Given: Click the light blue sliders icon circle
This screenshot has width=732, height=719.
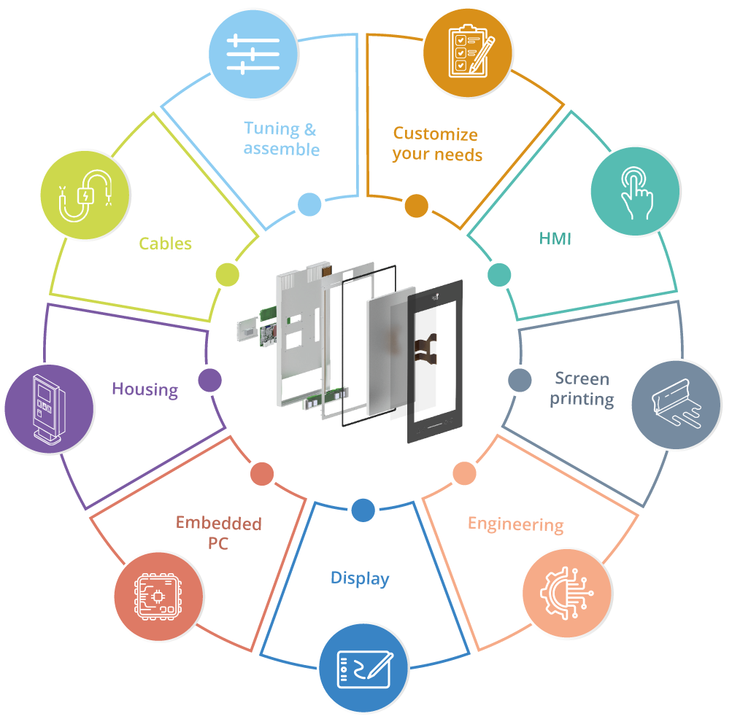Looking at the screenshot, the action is [253, 54].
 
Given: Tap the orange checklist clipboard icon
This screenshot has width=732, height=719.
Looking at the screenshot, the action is [468, 53].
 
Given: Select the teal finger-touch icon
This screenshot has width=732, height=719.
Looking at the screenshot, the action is [636, 191].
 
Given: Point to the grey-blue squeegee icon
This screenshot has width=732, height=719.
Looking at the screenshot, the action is [676, 405].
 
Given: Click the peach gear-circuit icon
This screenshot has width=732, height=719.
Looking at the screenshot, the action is [567, 593].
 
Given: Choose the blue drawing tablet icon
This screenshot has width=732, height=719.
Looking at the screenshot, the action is [363, 668].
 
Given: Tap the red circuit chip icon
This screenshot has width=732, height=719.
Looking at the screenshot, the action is [158, 596].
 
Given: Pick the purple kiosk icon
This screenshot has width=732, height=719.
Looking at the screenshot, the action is [50, 409].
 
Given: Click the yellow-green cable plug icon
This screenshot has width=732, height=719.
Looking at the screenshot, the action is [85, 195].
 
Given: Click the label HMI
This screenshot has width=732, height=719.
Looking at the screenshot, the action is [555, 239].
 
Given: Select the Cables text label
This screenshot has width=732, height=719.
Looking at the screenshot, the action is [165, 244].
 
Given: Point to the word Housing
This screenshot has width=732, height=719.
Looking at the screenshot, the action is [145, 389].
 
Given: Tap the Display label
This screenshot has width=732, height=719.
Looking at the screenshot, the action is [360, 578].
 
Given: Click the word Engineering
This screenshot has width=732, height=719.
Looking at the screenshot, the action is [516, 524].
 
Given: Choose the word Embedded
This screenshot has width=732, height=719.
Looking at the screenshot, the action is [218, 523].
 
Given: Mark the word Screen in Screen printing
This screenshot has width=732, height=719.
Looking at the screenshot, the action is [582, 378].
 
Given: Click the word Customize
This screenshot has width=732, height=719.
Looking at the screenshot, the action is [436, 134].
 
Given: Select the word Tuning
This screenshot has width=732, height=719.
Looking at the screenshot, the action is [271, 129].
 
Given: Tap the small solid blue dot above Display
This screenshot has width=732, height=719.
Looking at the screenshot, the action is [363, 510].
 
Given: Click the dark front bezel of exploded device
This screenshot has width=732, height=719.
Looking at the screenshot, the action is [435, 362].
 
